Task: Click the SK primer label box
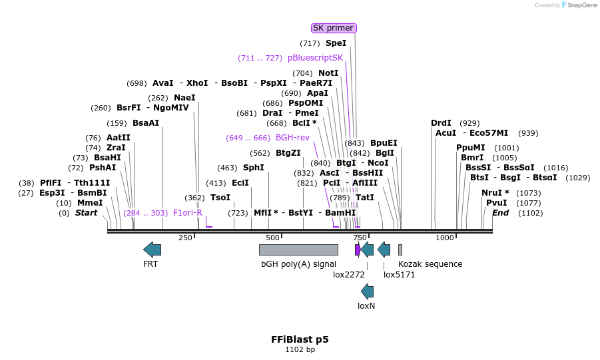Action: [x=334, y=28]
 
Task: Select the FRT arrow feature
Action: [x=152, y=250]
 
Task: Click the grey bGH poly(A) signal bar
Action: [x=298, y=250]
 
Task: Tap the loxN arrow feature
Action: [x=367, y=291]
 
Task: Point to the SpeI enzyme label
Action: [x=336, y=43]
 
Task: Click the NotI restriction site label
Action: [x=328, y=73]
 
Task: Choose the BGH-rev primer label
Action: [x=292, y=138]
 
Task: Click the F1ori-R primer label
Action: [x=188, y=213]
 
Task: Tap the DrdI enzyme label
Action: [x=441, y=123]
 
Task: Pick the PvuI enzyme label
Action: [x=496, y=203]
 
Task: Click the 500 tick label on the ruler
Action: [x=272, y=238]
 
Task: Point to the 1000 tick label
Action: [x=444, y=238]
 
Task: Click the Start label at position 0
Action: [x=86, y=213]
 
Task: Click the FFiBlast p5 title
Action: [x=300, y=339]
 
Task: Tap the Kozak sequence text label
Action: [x=430, y=264]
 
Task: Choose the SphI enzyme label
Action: [x=253, y=168]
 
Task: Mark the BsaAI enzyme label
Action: [x=146, y=123]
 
